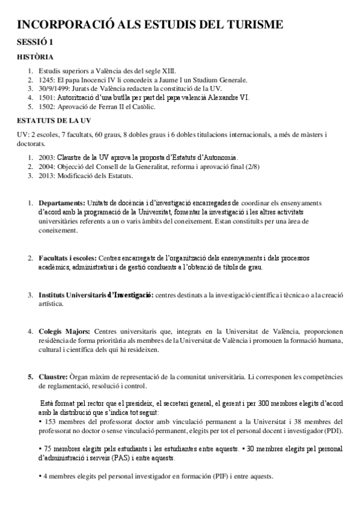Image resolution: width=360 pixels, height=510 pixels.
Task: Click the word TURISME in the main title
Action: [x=248, y=25]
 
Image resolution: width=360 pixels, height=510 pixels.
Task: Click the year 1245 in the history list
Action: [x=47, y=80]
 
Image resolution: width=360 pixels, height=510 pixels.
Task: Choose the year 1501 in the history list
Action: [x=47, y=98]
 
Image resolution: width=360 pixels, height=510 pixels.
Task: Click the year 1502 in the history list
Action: [x=47, y=107]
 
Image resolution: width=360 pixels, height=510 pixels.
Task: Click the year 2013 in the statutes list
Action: [x=47, y=176]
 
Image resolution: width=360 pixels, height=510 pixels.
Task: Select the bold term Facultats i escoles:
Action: [x=66, y=258]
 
